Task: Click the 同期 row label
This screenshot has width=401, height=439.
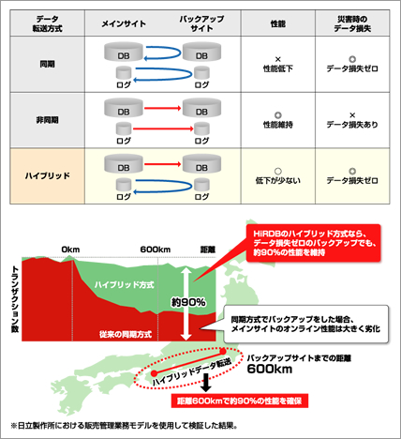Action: point(47,64)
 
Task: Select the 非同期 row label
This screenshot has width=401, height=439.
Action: point(47,120)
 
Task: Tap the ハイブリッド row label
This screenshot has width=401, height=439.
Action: point(47,176)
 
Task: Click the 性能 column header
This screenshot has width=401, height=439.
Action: point(278,23)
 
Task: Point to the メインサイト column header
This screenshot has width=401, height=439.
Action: point(124,23)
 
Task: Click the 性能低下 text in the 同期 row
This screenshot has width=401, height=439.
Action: point(278,68)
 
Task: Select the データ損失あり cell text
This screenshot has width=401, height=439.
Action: point(352,125)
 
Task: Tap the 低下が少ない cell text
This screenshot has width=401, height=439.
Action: point(278,180)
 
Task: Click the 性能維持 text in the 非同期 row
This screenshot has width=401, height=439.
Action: point(278,125)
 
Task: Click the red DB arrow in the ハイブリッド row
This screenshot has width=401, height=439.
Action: point(162,164)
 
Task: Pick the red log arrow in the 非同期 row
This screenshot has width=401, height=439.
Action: point(163,129)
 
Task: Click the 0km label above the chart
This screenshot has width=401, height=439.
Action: point(70,250)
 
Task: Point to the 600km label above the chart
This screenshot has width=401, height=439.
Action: point(156,250)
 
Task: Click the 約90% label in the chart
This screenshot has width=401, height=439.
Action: point(188,302)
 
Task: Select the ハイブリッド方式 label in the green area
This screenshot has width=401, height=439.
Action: point(125,284)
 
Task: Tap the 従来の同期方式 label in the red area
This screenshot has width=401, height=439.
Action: point(126,334)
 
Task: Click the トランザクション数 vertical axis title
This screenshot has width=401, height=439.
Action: point(15,299)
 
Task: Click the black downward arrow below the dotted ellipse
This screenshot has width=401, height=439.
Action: point(206,383)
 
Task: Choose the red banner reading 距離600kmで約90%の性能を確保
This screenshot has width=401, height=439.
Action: point(240,401)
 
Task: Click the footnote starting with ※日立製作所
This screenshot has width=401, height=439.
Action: point(125,426)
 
